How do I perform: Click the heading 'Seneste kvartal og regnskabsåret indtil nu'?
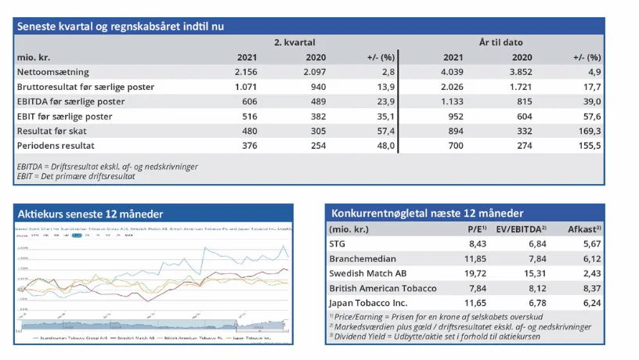click(x=121, y=26)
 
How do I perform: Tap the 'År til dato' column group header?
click(x=500, y=43)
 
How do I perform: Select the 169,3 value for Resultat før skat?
click(x=588, y=131)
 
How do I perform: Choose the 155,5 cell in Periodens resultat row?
click(x=588, y=146)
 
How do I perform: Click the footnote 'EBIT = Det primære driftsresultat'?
click(x=76, y=176)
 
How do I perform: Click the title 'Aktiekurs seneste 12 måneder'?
click(x=90, y=214)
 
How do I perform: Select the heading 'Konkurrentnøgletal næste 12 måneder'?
click(x=428, y=214)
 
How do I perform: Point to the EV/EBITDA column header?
click(x=523, y=229)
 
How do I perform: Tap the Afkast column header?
click(x=587, y=229)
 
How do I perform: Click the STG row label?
click(x=339, y=243)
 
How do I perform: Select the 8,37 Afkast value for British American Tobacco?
click(x=592, y=288)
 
